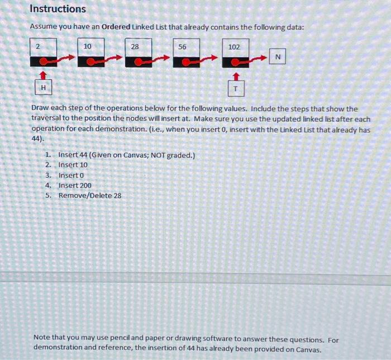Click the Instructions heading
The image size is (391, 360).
[x=58, y=9]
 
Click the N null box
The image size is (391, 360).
[x=278, y=58]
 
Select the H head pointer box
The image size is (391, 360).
[x=43, y=88]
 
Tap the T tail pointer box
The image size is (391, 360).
[x=236, y=89]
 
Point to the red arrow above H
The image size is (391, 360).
[x=43, y=74]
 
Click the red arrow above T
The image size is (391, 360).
[x=236, y=75]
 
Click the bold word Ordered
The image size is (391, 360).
[x=116, y=27]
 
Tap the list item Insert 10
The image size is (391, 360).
[x=73, y=165]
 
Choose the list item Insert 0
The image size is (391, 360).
[x=71, y=175]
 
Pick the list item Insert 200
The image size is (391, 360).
[x=75, y=185]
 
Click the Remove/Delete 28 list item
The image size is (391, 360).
[x=89, y=196]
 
